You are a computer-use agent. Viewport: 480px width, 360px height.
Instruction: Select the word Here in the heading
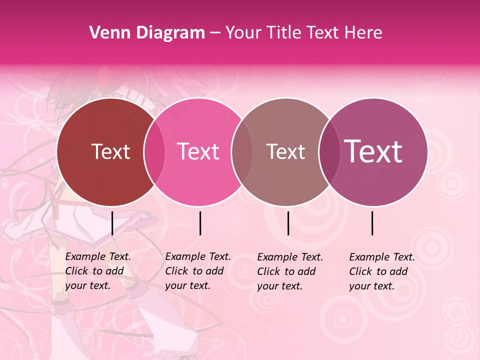[x=364, y=33]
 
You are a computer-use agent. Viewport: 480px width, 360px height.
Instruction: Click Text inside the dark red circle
[x=110, y=151]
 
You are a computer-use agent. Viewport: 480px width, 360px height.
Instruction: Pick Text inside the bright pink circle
[x=198, y=151]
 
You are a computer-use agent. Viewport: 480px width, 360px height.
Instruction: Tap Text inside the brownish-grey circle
[x=285, y=151]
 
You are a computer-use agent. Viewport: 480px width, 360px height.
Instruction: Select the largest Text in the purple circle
[x=373, y=151]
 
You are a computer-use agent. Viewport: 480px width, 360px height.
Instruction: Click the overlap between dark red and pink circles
[x=154, y=152]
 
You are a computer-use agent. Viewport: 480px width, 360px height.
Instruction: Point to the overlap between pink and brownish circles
[x=242, y=152]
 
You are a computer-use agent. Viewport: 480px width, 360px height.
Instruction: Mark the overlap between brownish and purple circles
[x=328, y=152]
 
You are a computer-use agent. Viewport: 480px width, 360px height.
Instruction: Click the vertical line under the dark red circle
[x=112, y=223]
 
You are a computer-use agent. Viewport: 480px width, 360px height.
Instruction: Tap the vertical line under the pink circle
[x=200, y=223]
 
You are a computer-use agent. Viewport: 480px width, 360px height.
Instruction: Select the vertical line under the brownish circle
[x=288, y=223]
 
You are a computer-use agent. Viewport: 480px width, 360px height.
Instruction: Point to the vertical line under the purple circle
[x=372, y=223]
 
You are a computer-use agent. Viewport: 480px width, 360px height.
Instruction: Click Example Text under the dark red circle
[x=98, y=256]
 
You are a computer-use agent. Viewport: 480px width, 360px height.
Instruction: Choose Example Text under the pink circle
[x=198, y=256]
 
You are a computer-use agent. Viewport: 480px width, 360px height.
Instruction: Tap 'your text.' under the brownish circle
[x=280, y=286]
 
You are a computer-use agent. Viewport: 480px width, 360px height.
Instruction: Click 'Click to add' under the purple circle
[x=378, y=271]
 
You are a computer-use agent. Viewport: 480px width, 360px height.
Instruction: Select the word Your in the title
[x=243, y=33]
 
